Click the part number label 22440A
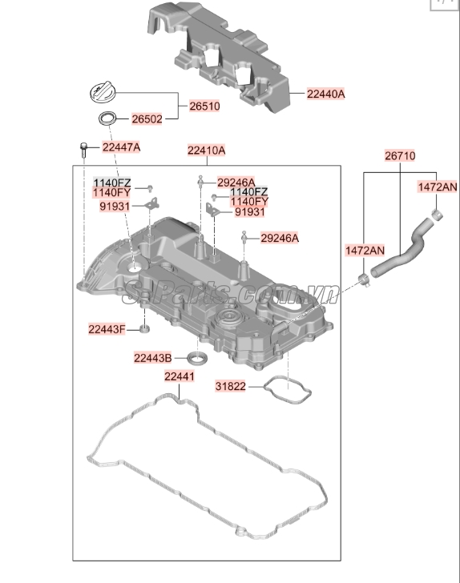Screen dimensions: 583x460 (x=325, y=94)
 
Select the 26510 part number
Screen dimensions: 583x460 (x=204, y=106)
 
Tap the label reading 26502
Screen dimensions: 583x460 (x=147, y=119)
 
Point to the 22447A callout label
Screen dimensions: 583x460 (x=121, y=147)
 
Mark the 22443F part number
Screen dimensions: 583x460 (x=107, y=329)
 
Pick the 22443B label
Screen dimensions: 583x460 (x=153, y=357)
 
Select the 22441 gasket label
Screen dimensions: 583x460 (x=180, y=376)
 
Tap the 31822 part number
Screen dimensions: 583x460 (x=232, y=388)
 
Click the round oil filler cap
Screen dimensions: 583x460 (x=105, y=91)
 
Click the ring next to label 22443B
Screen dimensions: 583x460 (x=198, y=356)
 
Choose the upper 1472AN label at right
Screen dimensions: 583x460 (x=437, y=187)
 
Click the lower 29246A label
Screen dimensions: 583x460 (x=280, y=238)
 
